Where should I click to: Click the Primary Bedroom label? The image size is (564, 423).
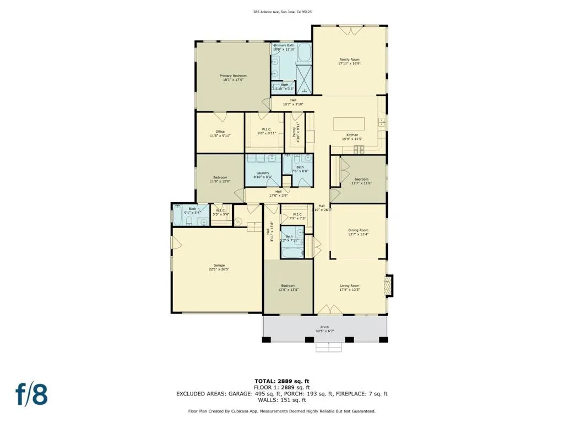coord(233,75)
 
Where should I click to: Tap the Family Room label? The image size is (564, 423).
coord(349,59)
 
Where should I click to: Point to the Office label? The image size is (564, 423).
coord(220,132)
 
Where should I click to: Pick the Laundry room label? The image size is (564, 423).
coord(262,173)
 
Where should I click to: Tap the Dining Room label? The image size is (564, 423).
coord(358,230)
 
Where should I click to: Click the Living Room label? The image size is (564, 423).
coord(349,285)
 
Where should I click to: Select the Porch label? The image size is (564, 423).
coord(325,327)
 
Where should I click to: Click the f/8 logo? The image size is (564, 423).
coord(31,394)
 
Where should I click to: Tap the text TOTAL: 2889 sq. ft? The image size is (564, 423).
coord(281,381)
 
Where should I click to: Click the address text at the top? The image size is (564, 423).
coord(282,12)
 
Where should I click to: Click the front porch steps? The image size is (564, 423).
coord(329,347)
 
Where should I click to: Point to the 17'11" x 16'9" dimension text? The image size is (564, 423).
coord(349,63)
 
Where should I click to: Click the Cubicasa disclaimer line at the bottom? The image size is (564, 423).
coord(282,411)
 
